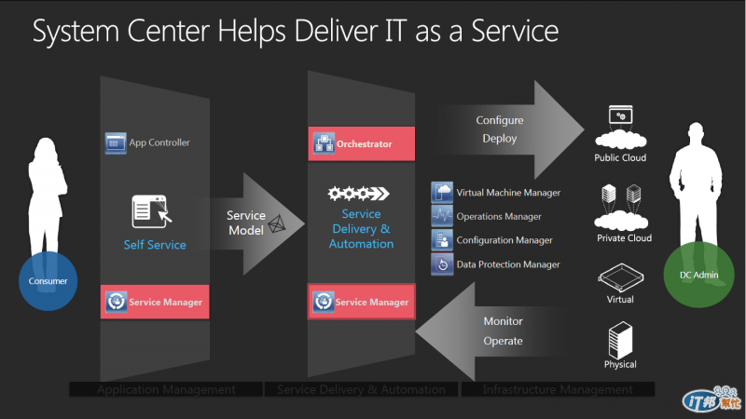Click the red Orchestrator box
coord(362,144)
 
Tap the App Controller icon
coord(115,143)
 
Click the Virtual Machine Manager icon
coord(441,193)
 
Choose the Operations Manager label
coord(498,216)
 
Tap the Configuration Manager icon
coord(441,240)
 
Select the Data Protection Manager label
coord(508,264)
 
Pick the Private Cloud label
coord(624,238)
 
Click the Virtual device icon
coord(620,278)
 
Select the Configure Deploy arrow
coord(504,129)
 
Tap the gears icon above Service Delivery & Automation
coord(358,194)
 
